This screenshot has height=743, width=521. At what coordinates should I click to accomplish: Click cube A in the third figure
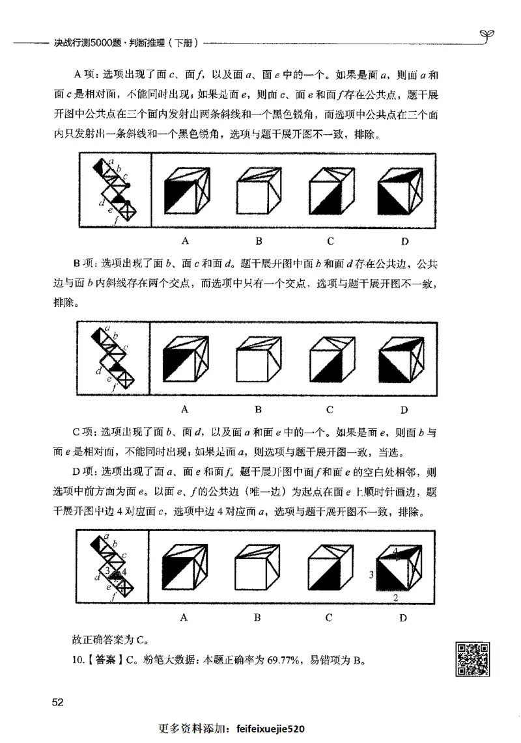[186, 567]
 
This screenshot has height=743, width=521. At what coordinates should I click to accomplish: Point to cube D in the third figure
[403, 568]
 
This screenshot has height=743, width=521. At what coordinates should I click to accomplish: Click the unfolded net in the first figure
[113, 189]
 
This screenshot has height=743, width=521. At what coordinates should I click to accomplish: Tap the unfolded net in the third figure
[113, 567]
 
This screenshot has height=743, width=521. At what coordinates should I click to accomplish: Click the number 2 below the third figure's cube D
[396, 596]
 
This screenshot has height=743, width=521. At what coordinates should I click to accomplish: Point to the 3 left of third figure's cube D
[371, 574]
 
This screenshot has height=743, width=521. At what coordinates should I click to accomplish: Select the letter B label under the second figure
[259, 410]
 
